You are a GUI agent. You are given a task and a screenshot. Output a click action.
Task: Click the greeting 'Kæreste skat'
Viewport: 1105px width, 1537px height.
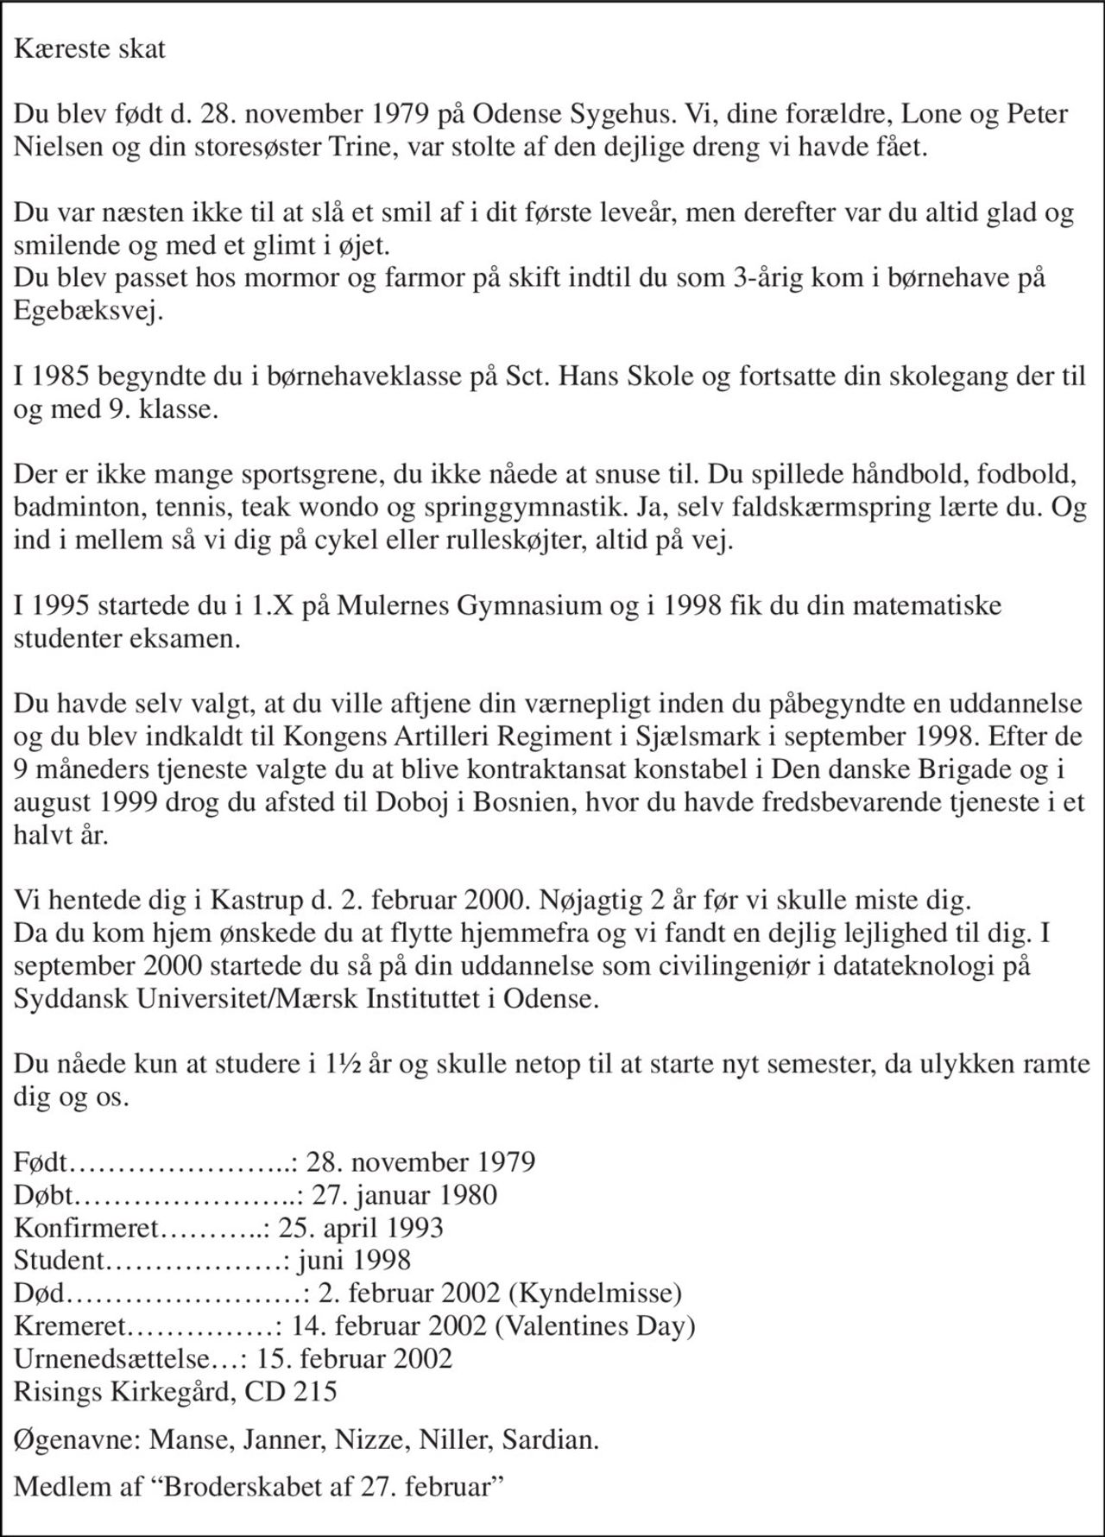pyautogui.click(x=89, y=48)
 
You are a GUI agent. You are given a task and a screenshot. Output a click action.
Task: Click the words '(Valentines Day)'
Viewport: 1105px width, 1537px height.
pyautogui.click(x=595, y=1325)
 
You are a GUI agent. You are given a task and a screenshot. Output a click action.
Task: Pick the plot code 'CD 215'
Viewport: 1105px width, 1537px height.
pyautogui.click(x=291, y=1391)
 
